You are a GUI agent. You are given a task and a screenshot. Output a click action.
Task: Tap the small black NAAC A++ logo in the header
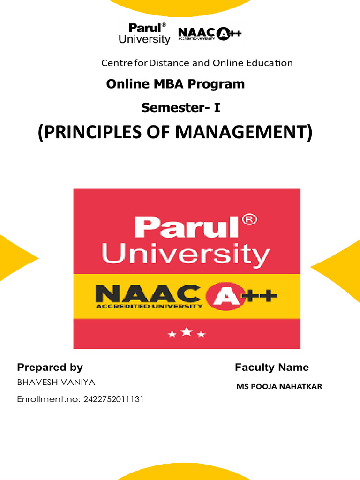pos(210,34)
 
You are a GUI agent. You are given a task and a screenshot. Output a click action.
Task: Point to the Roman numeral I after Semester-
pos(217,108)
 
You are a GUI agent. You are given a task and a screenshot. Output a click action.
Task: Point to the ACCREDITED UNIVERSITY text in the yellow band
pos(149,307)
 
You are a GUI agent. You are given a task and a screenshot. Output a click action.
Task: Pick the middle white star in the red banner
pos(187,332)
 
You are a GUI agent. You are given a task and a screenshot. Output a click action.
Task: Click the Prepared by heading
pos(50,367)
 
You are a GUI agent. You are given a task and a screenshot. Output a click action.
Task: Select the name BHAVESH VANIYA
pos(56,382)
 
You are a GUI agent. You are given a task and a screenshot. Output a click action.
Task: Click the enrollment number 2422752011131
pos(113,399)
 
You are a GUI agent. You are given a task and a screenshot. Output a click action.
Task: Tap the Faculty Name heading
pos(271,367)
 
